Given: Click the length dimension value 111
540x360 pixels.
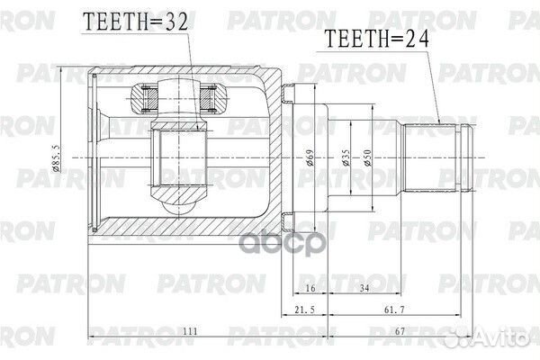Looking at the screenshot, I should point(189,333).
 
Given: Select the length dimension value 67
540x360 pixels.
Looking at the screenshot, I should point(424,333).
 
